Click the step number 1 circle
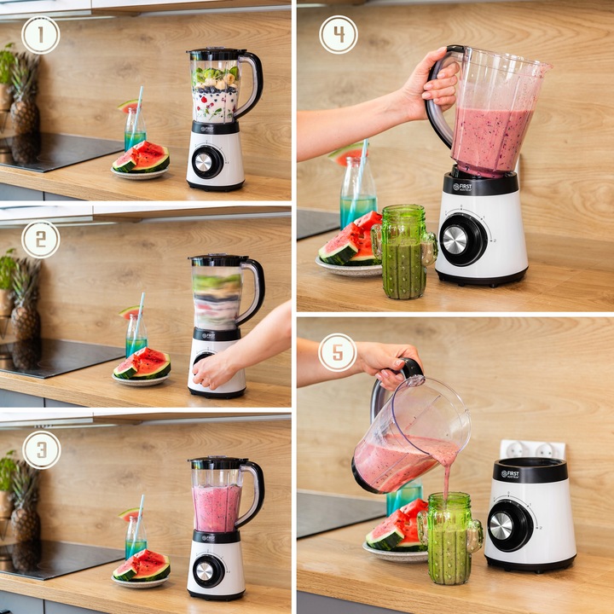[x=40, y=35]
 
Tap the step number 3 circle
[x=41, y=449]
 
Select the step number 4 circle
[x=338, y=35]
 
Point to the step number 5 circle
[x=338, y=352]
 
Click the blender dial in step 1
[x=205, y=161]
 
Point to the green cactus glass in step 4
[x=403, y=252]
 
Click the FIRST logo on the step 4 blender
[x=463, y=185]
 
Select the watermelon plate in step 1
[x=140, y=173]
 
